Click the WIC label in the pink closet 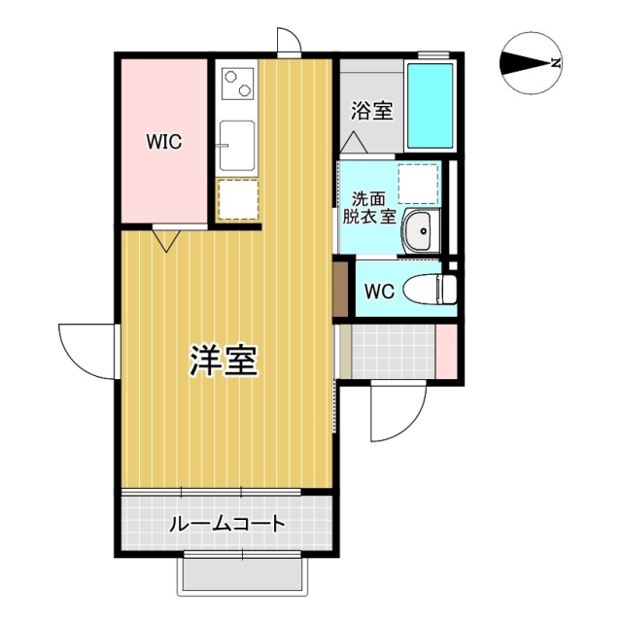(x=164, y=142)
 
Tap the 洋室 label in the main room (x=223, y=361)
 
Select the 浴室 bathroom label (x=372, y=111)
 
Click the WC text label (x=379, y=291)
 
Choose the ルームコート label (x=227, y=525)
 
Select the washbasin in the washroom (x=421, y=231)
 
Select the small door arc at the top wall (x=288, y=41)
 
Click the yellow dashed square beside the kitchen (x=237, y=199)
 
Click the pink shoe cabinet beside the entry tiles (x=446, y=351)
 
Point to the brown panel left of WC (x=339, y=290)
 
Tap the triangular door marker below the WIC (x=164, y=238)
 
